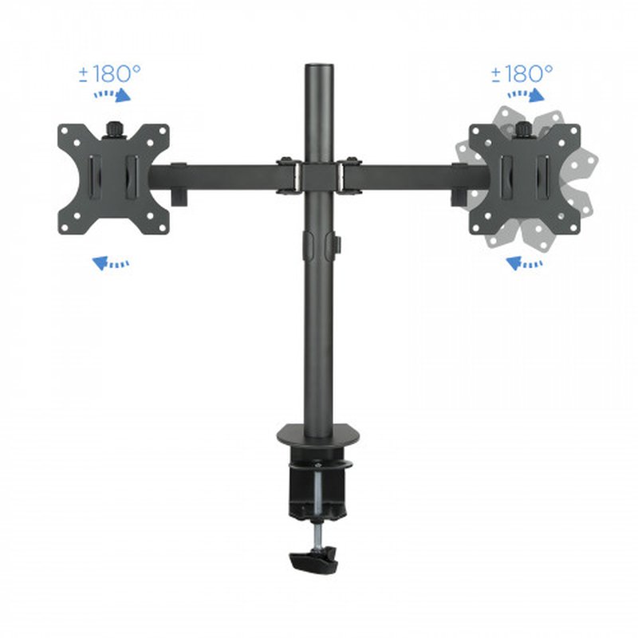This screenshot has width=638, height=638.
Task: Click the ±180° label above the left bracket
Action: tap(109, 74)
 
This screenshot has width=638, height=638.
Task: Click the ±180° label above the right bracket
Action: tap(522, 74)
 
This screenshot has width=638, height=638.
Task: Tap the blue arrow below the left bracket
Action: tap(111, 262)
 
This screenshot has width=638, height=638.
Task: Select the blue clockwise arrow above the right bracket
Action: tap(525, 96)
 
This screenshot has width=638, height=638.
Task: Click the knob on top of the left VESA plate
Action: tap(113, 128)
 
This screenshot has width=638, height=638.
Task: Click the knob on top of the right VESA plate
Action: tap(523, 128)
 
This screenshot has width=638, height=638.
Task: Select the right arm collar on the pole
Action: tap(348, 176)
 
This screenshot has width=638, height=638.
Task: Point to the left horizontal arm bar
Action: tap(223, 176)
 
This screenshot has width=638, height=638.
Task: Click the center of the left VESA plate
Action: tap(113, 179)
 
